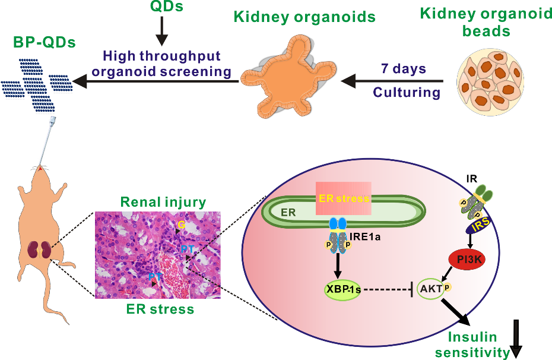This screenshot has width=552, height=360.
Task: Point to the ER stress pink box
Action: (344, 198)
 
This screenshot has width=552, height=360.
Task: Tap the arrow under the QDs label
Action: (160, 34)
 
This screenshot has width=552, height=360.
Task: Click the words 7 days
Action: (403, 69)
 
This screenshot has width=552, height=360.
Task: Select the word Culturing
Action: (407, 93)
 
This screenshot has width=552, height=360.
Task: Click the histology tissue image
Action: (157, 254)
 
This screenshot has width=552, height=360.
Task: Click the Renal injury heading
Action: (163, 202)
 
